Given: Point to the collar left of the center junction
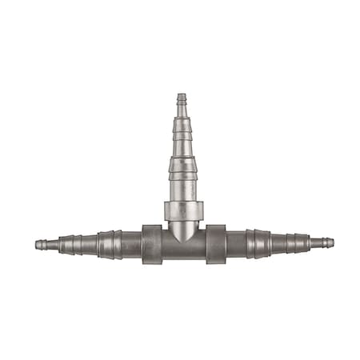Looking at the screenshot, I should click(153, 244).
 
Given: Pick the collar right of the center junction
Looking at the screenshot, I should click(216, 244).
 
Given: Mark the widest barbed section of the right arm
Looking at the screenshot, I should click(258, 243).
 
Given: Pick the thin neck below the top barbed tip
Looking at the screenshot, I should click(181, 113).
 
